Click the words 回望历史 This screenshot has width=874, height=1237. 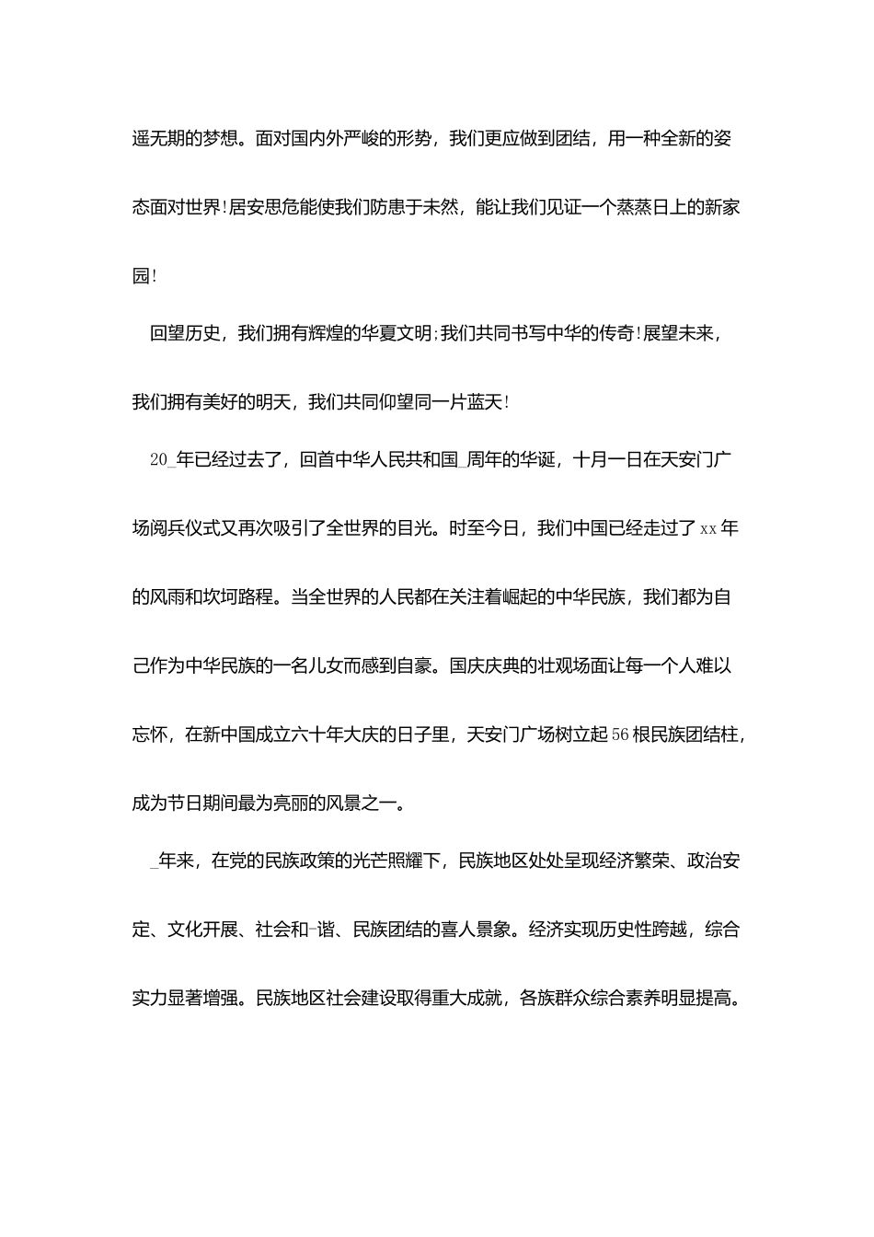(x=185, y=334)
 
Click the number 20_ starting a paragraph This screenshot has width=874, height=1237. (x=161, y=460)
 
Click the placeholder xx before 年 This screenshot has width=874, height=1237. (x=708, y=529)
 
